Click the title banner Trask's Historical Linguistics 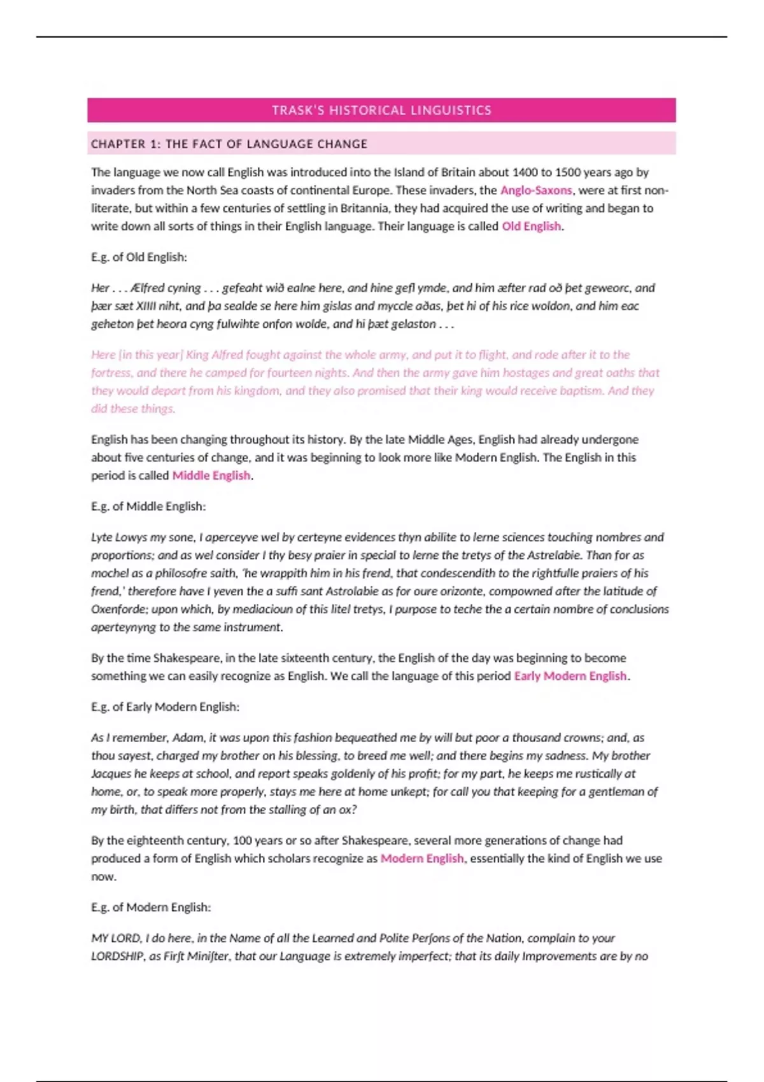pos(381,110)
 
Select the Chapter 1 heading pos(229,144)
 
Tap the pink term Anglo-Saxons pos(536,190)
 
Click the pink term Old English pos(532,227)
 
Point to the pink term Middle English pos(211,475)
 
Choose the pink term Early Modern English pos(570,676)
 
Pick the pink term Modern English pos(422,859)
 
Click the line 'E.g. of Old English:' pos(139,257)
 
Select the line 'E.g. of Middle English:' pos(148,507)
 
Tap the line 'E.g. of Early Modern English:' pos(166,707)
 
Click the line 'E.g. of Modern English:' pos(151,908)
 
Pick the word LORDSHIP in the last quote pos(117,956)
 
